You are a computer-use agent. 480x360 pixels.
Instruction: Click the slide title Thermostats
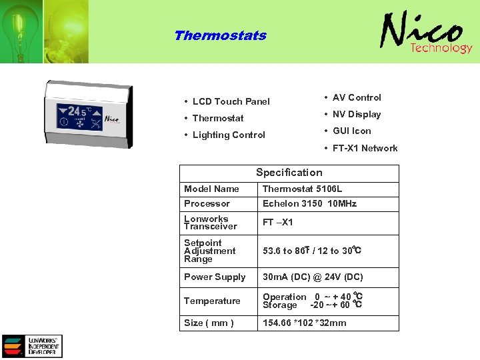(x=220, y=36)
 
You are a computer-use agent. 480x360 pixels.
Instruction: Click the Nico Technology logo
(x=426, y=34)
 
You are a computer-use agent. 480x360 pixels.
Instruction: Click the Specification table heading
(x=289, y=172)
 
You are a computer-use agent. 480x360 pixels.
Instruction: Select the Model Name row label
(x=211, y=189)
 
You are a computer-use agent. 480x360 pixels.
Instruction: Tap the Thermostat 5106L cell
(x=302, y=189)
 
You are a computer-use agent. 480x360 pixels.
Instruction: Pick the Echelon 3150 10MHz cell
(x=309, y=203)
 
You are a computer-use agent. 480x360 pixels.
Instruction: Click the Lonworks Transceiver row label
(x=211, y=222)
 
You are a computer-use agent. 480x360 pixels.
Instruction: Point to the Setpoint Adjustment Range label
(x=210, y=251)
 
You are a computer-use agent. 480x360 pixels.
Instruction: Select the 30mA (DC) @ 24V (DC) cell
(x=313, y=277)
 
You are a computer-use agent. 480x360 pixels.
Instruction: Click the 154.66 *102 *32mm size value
(x=305, y=323)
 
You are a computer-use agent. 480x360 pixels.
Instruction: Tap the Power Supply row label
(x=215, y=277)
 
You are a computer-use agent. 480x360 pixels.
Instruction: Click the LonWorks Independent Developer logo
(x=32, y=346)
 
